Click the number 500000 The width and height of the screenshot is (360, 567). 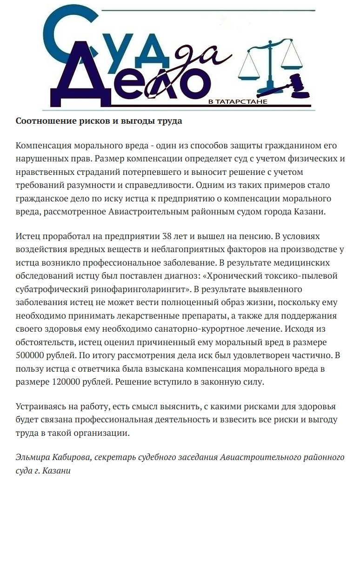[x=32, y=355]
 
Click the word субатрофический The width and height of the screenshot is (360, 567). [x=52, y=289]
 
